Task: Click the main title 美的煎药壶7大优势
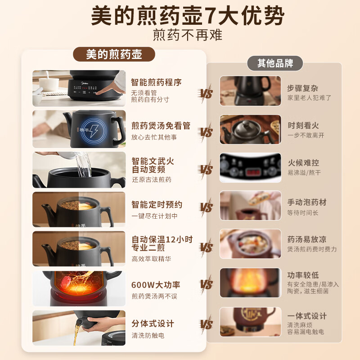tap(188, 17)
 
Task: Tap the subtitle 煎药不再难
tap(188, 35)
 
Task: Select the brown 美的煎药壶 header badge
tap(114, 54)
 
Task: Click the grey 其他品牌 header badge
tap(275, 63)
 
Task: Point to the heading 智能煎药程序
tap(156, 82)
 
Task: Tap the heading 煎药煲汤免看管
tap(161, 126)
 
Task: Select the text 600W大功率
tap(156, 285)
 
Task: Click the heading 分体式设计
tap(153, 324)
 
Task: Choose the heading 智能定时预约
tap(157, 205)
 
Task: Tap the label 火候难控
tap(303, 163)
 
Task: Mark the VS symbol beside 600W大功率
tap(206, 284)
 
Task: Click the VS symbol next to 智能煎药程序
tap(206, 94)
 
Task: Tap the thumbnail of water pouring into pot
tap(79, 170)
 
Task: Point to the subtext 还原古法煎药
tap(151, 180)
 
